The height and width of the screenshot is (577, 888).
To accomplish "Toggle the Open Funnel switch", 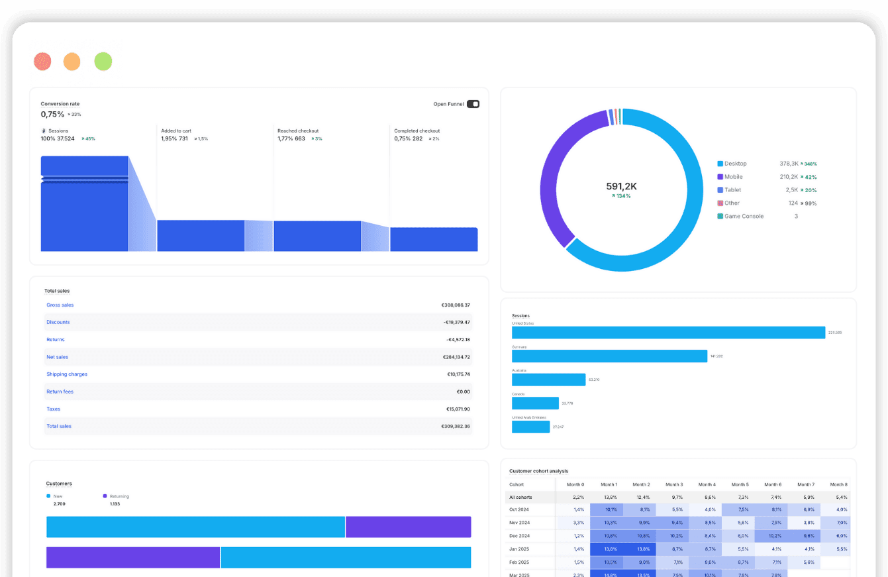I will (x=473, y=104).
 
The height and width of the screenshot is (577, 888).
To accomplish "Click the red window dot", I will (x=42, y=62).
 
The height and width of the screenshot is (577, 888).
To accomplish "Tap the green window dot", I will (x=103, y=62).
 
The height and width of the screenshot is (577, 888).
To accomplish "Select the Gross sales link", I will (x=60, y=305).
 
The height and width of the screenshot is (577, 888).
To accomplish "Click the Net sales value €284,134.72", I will (x=456, y=357).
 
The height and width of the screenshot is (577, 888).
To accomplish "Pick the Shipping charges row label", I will (x=67, y=374).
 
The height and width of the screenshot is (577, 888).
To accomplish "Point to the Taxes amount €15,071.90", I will (x=458, y=409).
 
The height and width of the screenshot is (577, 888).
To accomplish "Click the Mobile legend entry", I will (x=733, y=177).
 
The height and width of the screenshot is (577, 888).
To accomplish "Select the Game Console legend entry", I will (x=744, y=217).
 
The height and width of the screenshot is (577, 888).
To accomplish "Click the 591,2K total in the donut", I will (x=621, y=187).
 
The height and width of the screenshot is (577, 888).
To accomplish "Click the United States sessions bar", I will (x=668, y=333).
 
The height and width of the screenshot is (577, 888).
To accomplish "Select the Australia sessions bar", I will (x=548, y=380).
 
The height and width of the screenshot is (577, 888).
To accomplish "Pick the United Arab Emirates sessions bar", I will (x=530, y=427).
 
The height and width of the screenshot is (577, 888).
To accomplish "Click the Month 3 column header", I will (x=674, y=484).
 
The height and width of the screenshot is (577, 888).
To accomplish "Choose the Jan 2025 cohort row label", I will (x=518, y=549).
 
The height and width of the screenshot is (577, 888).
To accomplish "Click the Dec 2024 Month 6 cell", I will (x=771, y=536).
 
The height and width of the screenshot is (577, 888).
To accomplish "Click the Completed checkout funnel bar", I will (x=434, y=239).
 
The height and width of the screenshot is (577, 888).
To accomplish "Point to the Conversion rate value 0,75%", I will (x=52, y=114).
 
